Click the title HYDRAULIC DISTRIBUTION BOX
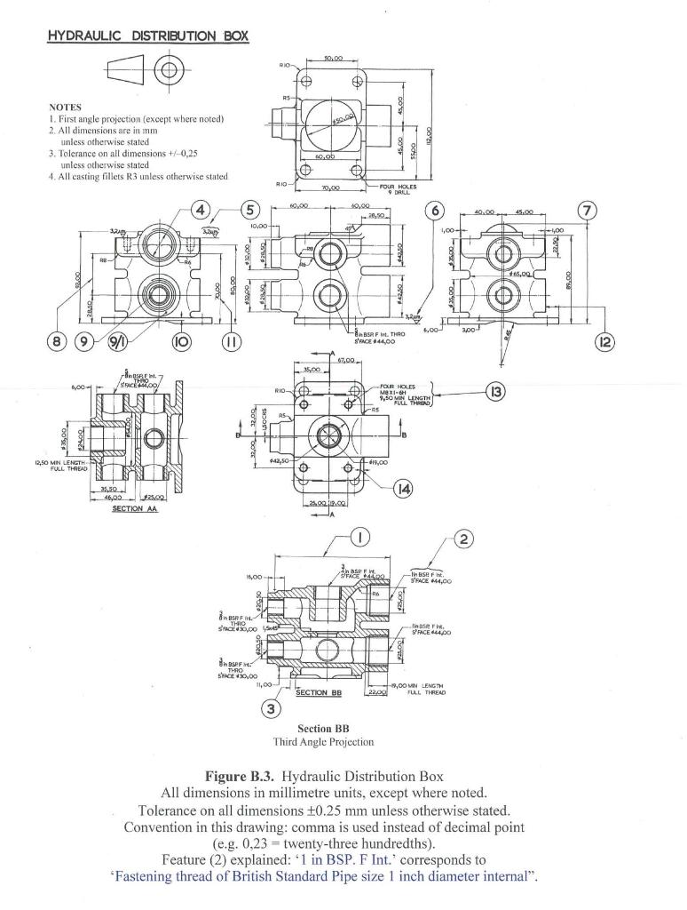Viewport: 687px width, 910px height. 147,36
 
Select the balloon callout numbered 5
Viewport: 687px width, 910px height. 250,211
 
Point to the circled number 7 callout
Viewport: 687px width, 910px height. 587,211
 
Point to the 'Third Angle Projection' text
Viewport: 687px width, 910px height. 323,741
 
